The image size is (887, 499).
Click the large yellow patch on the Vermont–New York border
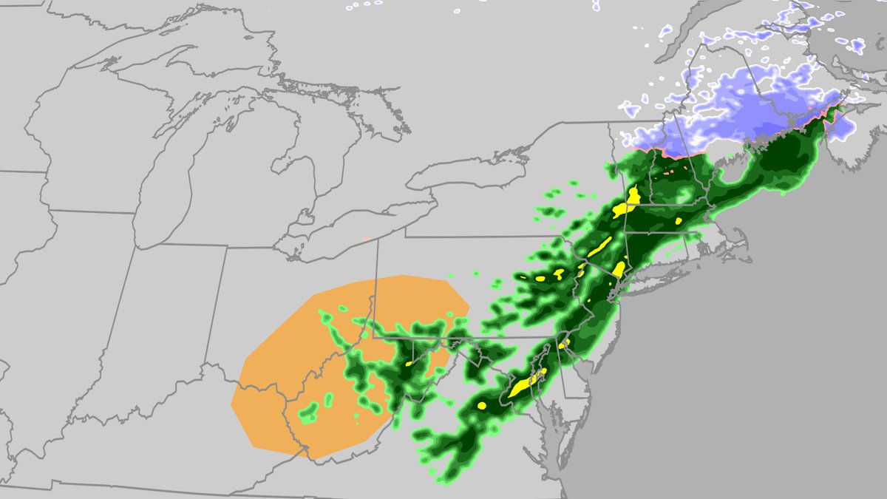[633, 197]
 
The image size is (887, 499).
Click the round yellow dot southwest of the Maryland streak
[482, 405]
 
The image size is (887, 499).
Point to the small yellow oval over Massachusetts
[679, 220]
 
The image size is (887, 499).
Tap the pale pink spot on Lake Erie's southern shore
[366, 239]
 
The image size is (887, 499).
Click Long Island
[665, 274]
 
